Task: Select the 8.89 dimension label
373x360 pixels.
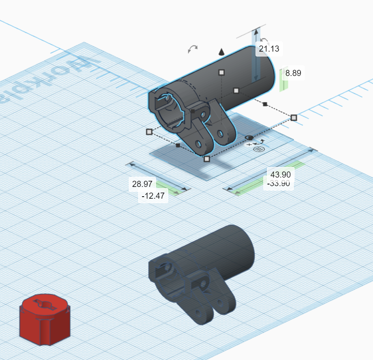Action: [x=293, y=73]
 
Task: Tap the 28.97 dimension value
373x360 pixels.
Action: [x=141, y=184]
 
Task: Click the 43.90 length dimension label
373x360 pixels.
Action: [x=280, y=174]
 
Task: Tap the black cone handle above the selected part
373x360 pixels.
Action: [x=221, y=52]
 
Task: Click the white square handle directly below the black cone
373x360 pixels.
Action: [x=221, y=72]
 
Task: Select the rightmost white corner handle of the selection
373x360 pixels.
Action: [x=293, y=117]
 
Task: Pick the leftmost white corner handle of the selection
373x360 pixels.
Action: [x=149, y=132]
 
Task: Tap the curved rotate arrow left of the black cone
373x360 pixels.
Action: [x=193, y=49]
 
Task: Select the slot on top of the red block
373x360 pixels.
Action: [x=45, y=304]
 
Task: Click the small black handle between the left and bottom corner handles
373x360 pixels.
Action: [x=178, y=145]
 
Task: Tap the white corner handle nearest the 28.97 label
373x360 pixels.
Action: [x=207, y=158]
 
